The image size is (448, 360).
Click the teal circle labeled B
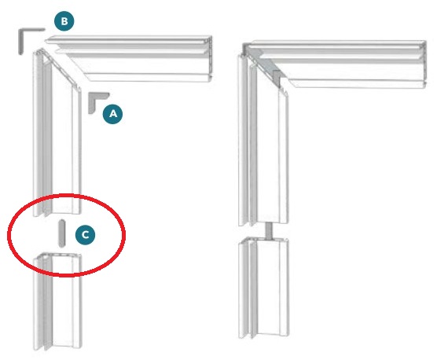coord(64,21)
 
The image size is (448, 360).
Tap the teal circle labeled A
coord(113,114)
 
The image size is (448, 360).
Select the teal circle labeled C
coord(86,234)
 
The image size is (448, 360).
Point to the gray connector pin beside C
coord(62,233)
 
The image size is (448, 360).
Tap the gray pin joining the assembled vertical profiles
coord(269,231)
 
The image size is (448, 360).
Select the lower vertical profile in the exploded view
coord(57,301)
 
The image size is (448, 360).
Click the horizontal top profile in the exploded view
coord(129,59)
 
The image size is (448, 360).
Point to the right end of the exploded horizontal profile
coord(211,59)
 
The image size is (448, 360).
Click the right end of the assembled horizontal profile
coord(425,64)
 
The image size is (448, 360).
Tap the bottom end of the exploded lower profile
coord(57,348)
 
